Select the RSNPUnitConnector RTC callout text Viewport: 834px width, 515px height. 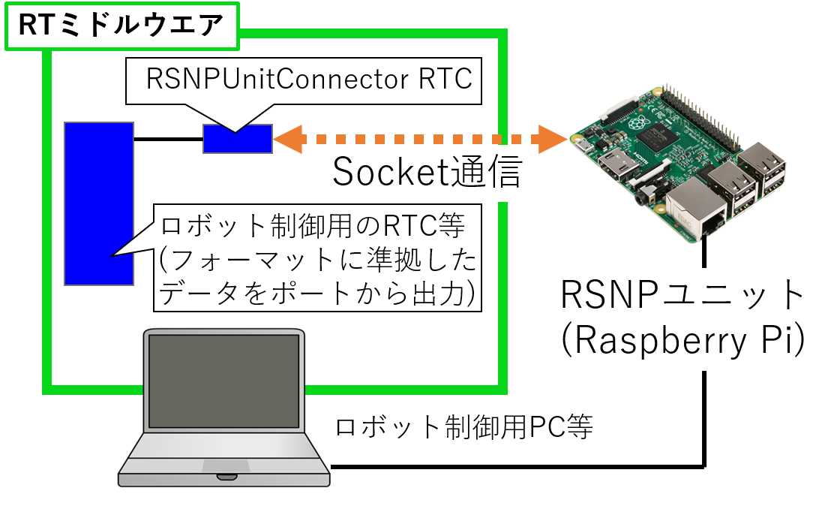310,79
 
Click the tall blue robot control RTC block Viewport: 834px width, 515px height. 99,203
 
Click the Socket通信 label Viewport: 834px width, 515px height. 427,173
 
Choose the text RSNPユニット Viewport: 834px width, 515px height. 682,295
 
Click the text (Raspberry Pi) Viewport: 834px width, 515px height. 682,342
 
